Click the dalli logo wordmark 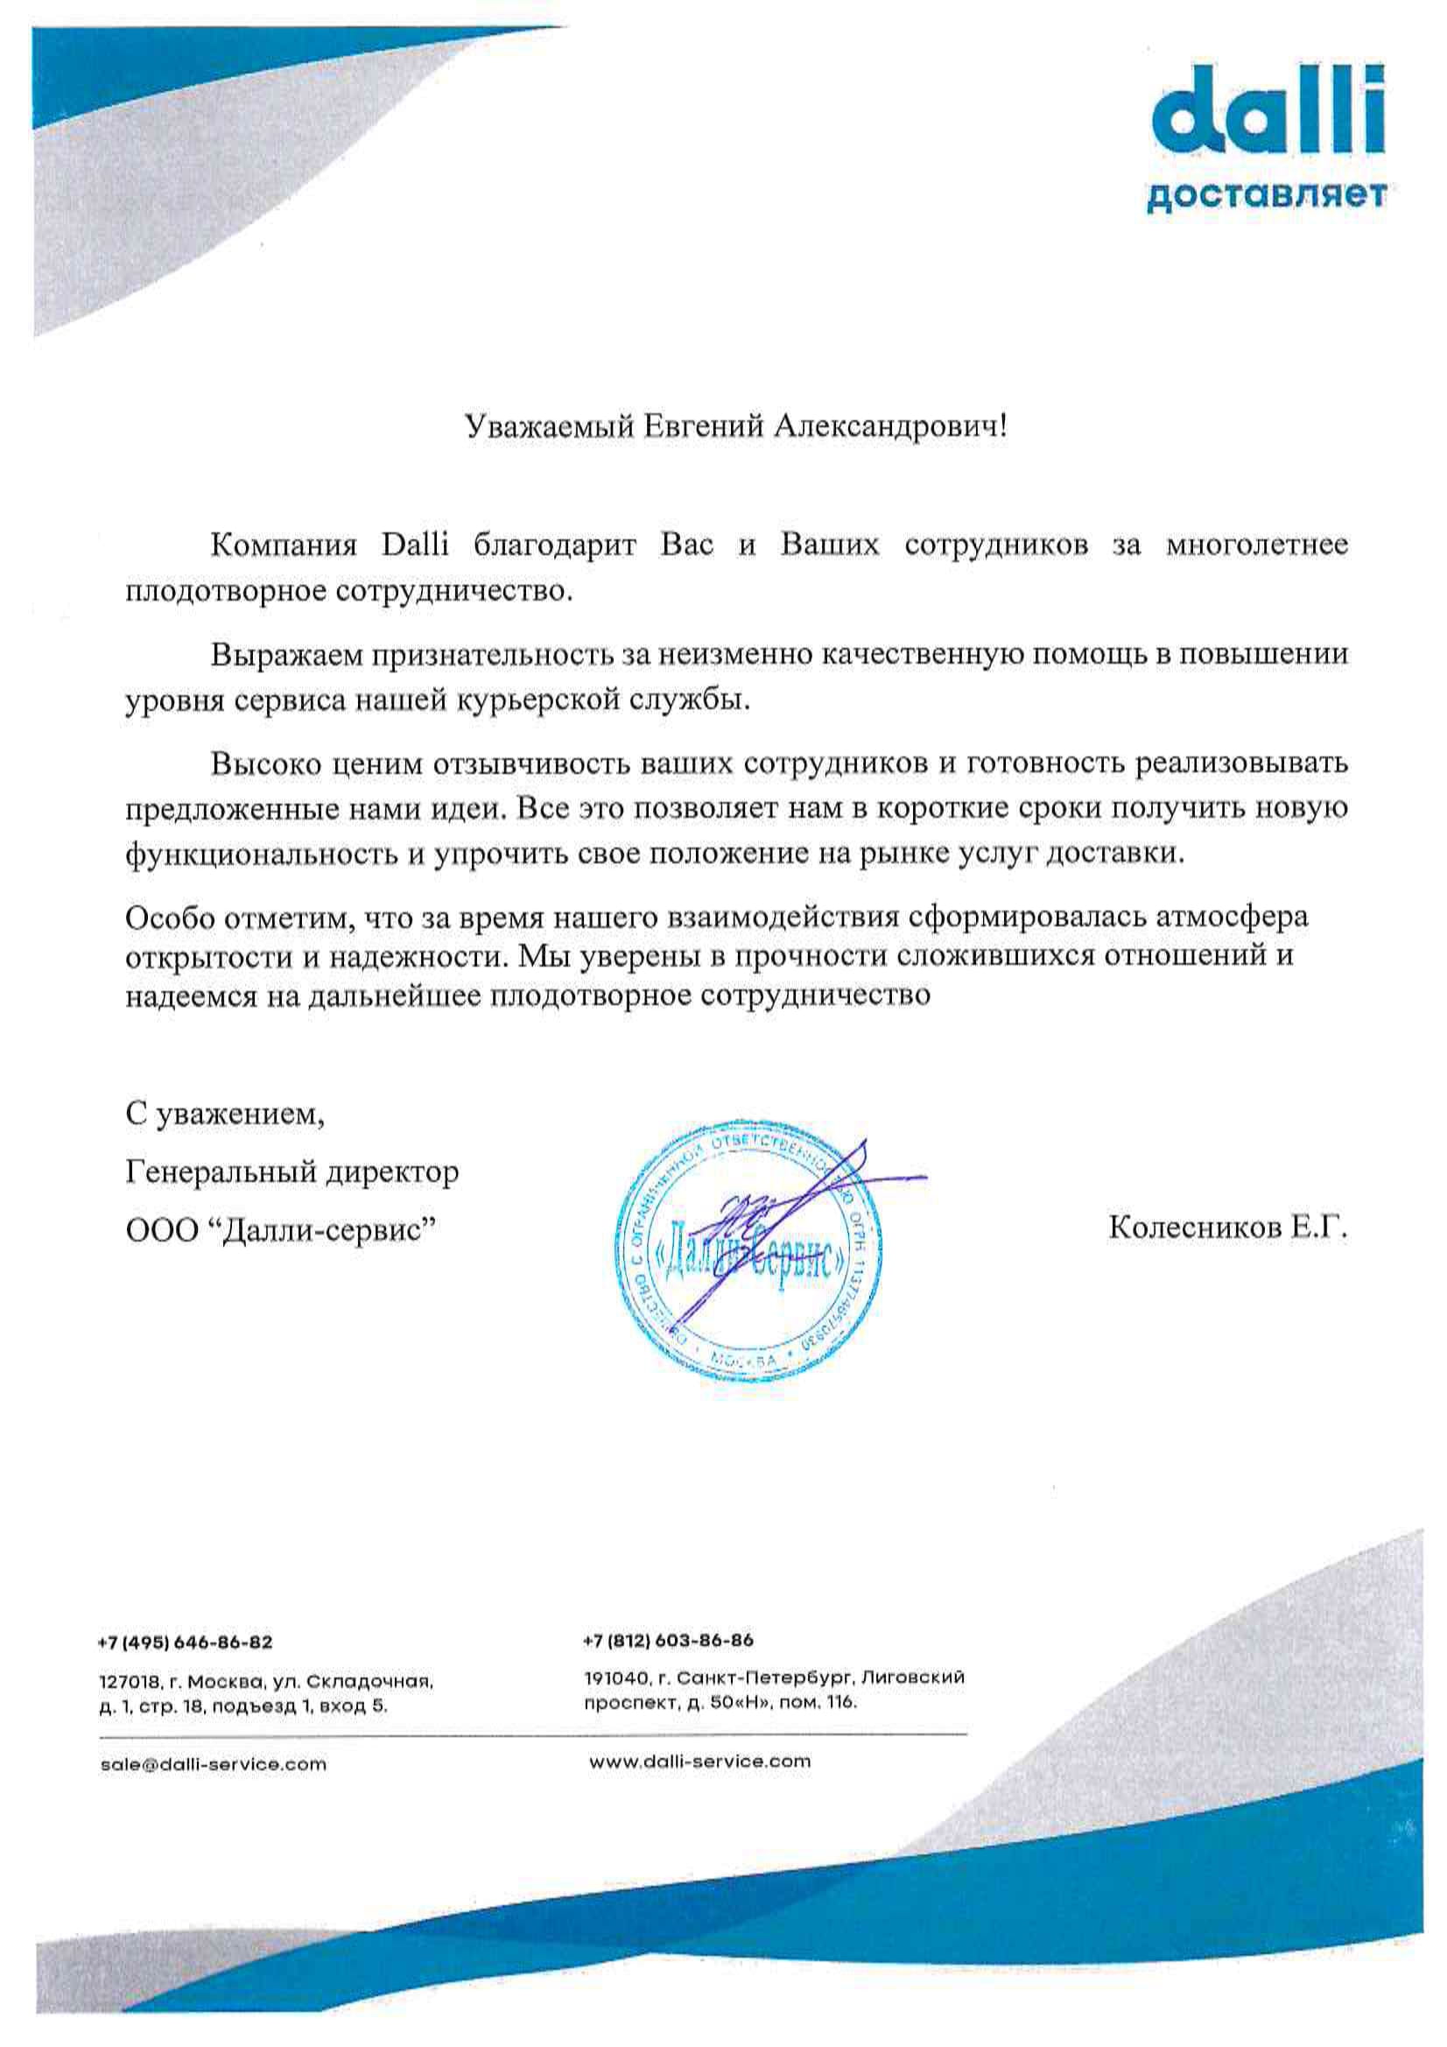point(1267,116)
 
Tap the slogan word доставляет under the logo point(1265,195)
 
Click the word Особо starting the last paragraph point(166,917)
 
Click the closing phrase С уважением point(226,1115)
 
